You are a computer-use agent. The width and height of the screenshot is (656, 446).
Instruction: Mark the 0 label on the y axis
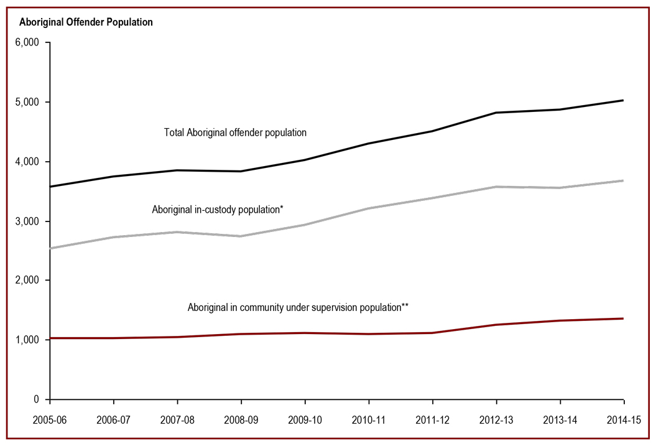tap(37, 399)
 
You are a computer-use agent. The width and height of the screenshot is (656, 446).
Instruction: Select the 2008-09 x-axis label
tap(240, 420)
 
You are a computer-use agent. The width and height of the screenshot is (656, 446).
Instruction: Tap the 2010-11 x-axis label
tap(368, 420)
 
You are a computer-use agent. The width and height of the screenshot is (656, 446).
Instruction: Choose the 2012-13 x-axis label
tap(496, 420)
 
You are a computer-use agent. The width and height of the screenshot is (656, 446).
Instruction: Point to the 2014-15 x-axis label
tap(623, 420)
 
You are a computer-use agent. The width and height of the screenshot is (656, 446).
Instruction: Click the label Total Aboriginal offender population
tap(235, 132)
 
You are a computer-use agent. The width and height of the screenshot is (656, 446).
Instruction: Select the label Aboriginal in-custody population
tap(218, 210)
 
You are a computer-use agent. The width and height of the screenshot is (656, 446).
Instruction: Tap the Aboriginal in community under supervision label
tap(298, 307)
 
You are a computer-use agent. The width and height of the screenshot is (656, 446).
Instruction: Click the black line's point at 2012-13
tap(496, 113)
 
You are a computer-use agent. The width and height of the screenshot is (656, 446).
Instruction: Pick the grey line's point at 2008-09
tap(241, 236)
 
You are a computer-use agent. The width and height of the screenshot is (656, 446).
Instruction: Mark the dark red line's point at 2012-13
tap(496, 325)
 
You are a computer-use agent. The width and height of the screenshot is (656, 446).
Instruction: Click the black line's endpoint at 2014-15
tap(623, 100)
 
